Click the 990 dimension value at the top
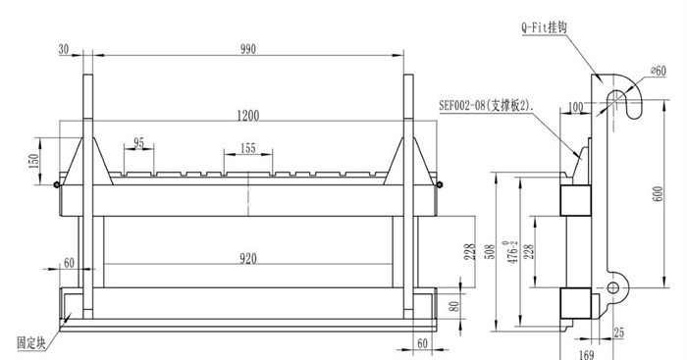coord(248,49)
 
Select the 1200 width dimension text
coord(248,116)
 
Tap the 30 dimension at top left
coord(64,49)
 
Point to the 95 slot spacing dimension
coord(139,143)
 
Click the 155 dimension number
coord(248,148)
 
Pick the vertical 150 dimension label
coord(33,161)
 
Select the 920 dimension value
coord(248,259)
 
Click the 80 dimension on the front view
coord(454,306)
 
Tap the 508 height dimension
coord(491,252)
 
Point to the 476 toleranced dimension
coord(512,252)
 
